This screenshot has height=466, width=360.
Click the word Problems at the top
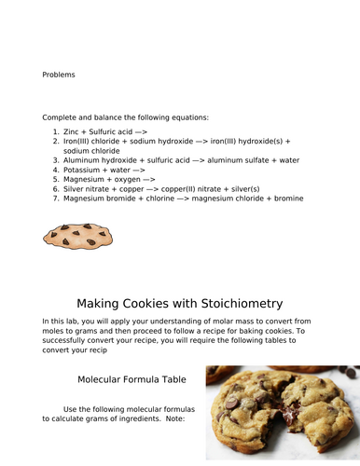[59, 75]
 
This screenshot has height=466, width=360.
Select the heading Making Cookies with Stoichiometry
[179, 304]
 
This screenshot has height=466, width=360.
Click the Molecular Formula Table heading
[132, 380]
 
